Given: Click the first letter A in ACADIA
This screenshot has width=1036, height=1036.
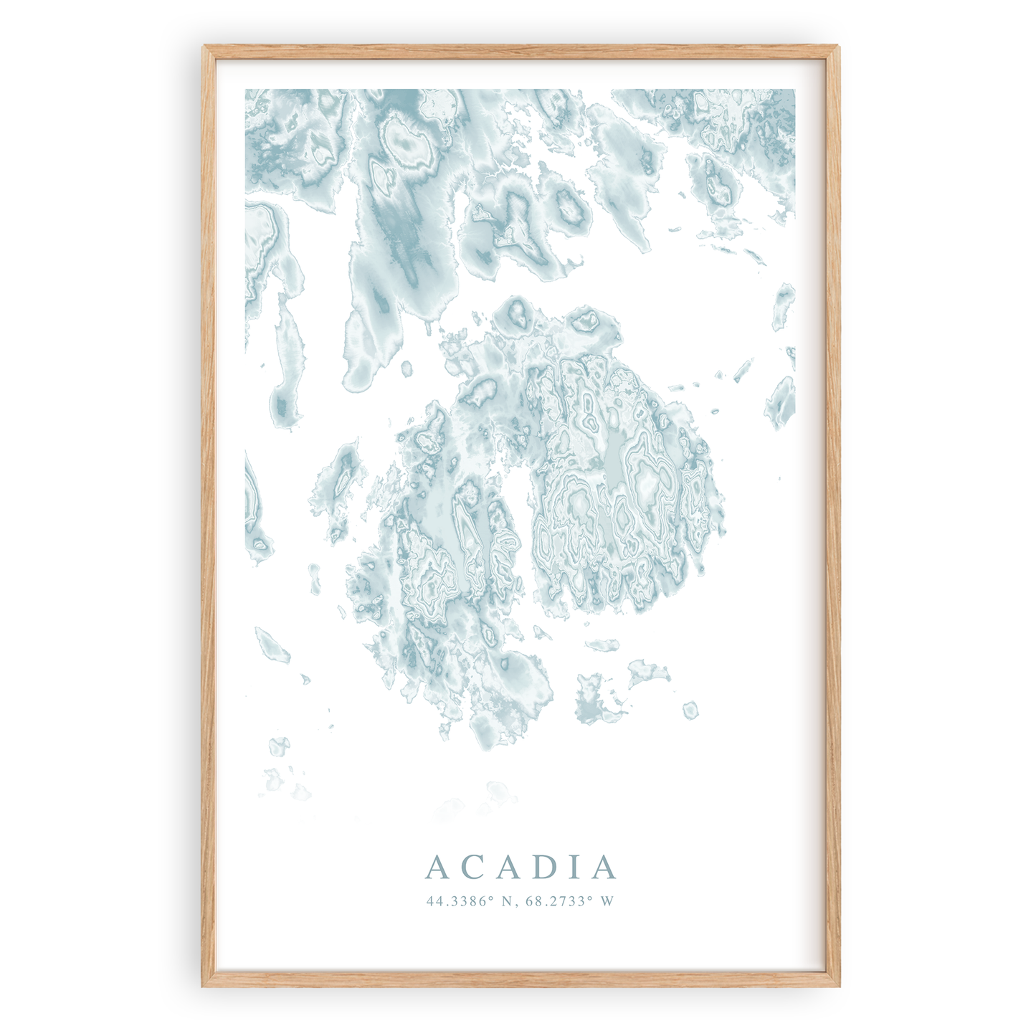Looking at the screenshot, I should pyautogui.click(x=437, y=868).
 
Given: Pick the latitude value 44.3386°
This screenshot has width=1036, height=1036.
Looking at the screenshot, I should pyautogui.click(x=461, y=901).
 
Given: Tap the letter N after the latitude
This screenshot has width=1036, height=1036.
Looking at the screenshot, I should pyautogui.click(x=508, y=901).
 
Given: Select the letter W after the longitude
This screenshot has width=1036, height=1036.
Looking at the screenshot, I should pyautogui.click(x=608, y=901).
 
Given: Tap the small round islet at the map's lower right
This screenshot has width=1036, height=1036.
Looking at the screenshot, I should pyautogui.click(x=690, y=710).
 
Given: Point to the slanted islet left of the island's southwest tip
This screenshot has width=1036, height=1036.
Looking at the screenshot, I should pyautogui.click(x=272, y=643).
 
